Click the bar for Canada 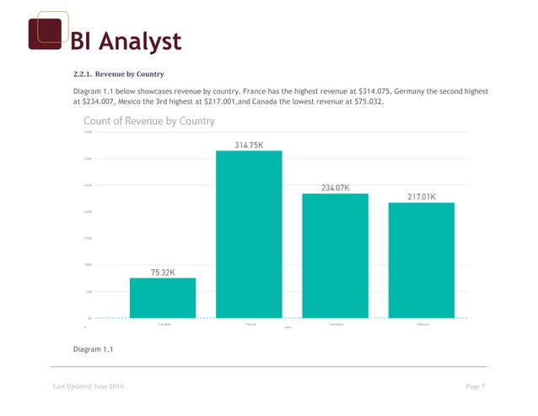click(x=162, y=297)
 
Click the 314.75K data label click(x=249, y=144)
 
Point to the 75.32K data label click(x=164, y=272)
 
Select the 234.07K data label click(x=336, y=187)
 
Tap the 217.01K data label click(x=422, y=197)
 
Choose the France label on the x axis click(x=250, y=324)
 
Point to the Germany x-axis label click(x=336, y=324)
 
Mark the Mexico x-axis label click(x=422, y=324)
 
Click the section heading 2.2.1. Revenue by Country click(x=118, y=74)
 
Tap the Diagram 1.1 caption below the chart click(x=94, y=348)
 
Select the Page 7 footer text click(x=476, y=386)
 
